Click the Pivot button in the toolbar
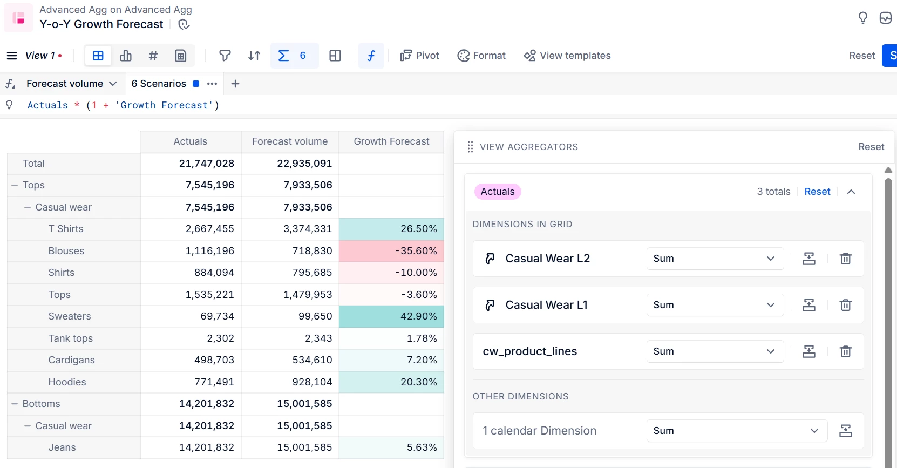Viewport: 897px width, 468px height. [x=419, y=56]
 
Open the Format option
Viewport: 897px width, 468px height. [x=481, y=56]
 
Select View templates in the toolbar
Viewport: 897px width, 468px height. [x=567, y=56]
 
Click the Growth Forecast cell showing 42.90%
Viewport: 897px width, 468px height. [x=391, y=316]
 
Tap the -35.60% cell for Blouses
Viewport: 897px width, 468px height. [x=391, y=251]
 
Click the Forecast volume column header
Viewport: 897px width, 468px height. [x=289, y=141]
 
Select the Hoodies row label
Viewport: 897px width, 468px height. [x=67, y=382]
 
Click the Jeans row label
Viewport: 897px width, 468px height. [x=62, y=447]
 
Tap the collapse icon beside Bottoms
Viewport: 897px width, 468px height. [x=15, y=404]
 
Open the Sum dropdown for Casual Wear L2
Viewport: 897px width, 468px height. [x=715, y=259]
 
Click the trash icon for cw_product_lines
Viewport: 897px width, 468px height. [x=845, y=351]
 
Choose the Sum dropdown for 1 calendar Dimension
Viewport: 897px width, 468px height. [x=736, y=431]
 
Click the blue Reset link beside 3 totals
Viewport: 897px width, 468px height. [x=817, y=192]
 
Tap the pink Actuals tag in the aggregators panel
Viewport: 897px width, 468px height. [x=497, y=192]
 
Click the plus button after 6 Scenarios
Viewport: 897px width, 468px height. [x=235, y=84]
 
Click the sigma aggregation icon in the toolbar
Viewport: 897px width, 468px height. [x=283, y=56]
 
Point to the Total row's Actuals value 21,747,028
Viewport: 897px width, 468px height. [x=206, y=164]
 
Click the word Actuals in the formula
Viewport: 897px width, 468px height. [x=47, y=105]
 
